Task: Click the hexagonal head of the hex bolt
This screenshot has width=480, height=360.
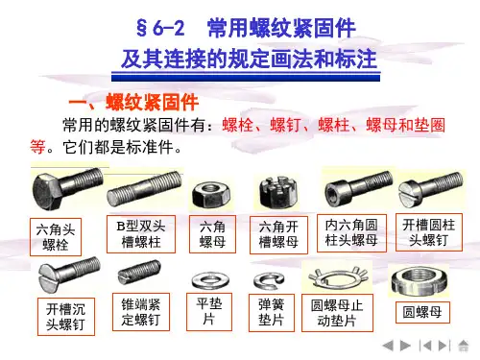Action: click(x=46, y=191)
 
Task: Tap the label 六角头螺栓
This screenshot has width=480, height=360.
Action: click(x=56, y=237)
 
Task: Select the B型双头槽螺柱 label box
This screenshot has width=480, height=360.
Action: click(x=141, y=234)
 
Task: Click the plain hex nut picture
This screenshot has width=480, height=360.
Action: click(x=211, y=194)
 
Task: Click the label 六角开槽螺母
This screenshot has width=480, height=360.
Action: click(x=278, y=235)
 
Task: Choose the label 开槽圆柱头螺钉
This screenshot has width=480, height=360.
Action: click(x=429, y=232)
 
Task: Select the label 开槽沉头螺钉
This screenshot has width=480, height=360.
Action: click(x=66, y=317)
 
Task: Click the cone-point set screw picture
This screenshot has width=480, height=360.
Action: click(x=138, y=273)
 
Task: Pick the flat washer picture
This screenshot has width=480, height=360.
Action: click(x=209, y=280)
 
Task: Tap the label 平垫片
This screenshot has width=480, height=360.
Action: click(x=209, y=312)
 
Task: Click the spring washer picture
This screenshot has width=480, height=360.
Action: click(x=269, y=280)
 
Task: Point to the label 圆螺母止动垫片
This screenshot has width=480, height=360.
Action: click(x=337, y=313)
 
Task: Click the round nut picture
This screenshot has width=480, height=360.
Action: click(x=419, y=281)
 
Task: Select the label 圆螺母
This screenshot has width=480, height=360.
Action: click(x=422, y=312)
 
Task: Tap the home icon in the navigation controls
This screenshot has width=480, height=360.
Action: click(x=464, y=346)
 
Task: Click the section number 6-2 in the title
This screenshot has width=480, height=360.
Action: click(x=168, y=28)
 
